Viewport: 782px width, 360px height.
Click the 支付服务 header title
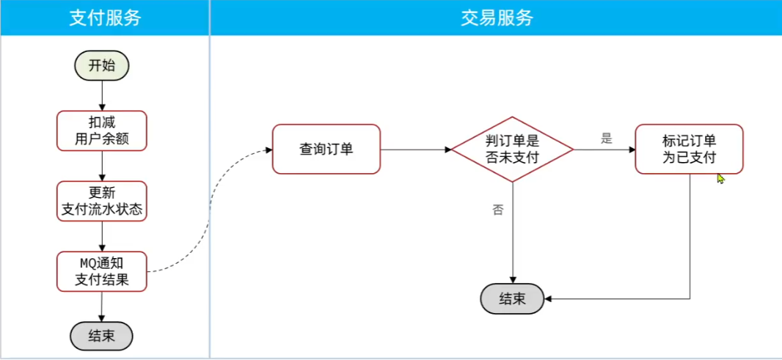tap(105, 18)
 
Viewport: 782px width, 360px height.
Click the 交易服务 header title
tap(497, 18)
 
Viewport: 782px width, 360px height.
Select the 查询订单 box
tap(326, 149)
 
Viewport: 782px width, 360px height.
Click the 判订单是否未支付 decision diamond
tap(512, 149)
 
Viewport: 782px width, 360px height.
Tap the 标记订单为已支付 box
tap(689, 149)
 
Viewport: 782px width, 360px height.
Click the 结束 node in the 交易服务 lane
tap(512, 299)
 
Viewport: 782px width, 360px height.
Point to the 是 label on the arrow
tap(606, 139)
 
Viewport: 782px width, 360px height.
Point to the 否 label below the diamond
tap(498, 210)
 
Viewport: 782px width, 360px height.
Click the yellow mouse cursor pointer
tap(720, 178)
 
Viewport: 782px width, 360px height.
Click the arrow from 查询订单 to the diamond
tap(415, 150)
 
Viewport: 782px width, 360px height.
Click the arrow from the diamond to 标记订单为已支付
tap(604, 150)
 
